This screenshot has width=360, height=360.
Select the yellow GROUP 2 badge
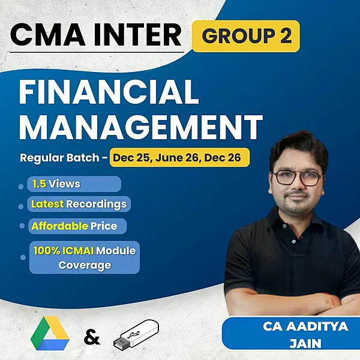click(x=246, y=36)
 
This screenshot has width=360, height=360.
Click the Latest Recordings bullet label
click(x=79, y=204)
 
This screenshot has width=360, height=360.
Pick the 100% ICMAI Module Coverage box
click(x=84, y=257)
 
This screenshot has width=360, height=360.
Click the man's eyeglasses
click(x=298, y=176)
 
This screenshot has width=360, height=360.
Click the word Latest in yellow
click(x=47, y=204)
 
